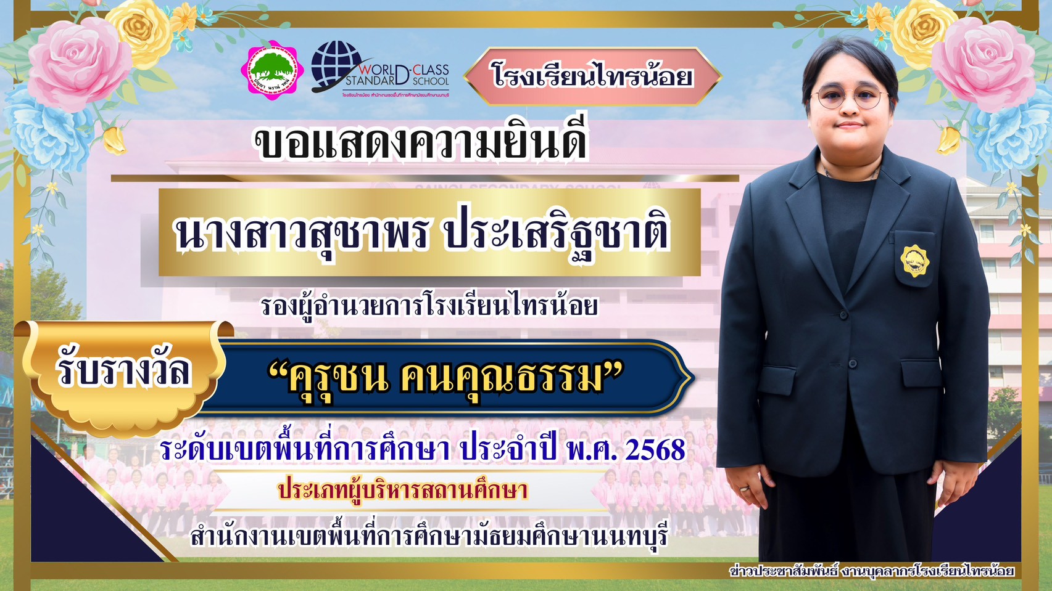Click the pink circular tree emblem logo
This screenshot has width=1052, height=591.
pyautogui.click(x=272, y=71)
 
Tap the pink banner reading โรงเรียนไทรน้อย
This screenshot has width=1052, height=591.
pyautogui.click(x=592, y=76)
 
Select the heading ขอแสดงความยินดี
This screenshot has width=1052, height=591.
pyautogui.click(x=421, y=142)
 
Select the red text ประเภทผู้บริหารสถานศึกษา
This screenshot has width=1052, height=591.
pyautogui.click(x=403, y=491)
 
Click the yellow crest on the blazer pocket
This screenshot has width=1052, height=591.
pyautogui.click(x=915, y=260)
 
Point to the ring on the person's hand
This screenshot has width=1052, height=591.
pyautogui.click(x=745, y=488)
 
